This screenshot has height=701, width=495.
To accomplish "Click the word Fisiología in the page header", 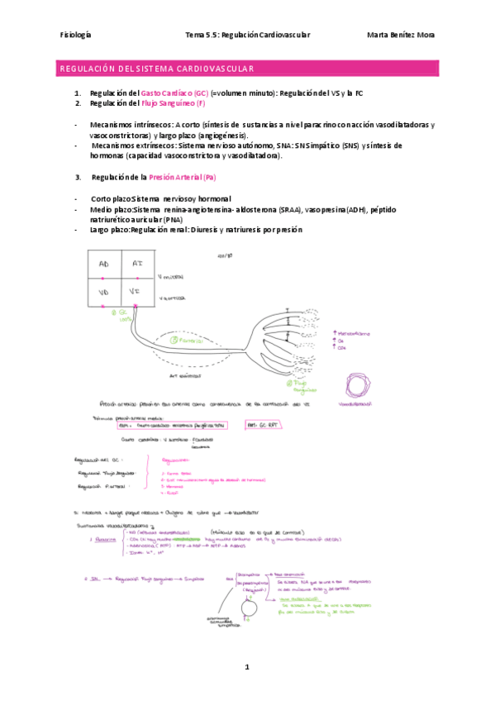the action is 76,35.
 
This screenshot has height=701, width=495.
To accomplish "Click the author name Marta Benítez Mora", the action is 400,35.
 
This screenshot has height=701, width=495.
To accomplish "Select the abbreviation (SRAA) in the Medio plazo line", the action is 290,210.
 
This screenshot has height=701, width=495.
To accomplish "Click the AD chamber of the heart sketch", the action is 104,264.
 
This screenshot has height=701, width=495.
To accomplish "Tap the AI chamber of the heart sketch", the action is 137,264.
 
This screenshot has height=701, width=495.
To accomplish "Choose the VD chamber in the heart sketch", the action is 104,292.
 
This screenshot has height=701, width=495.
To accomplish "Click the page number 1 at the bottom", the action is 246,666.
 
